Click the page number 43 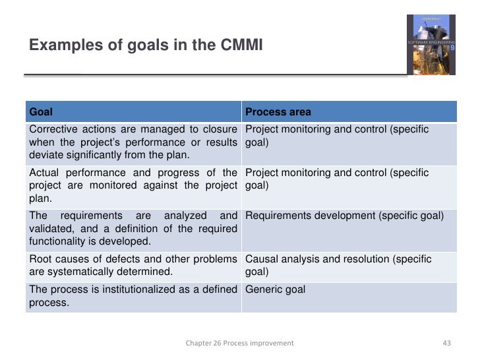tap(446, 343)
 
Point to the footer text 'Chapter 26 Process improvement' tap(239, 343)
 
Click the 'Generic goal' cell tap(275, 289)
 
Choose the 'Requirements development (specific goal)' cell tap(344, 215)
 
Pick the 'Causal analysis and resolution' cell tap(338, 259)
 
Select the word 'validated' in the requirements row tap(51, 228)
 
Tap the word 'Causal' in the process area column tap(262, 259)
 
